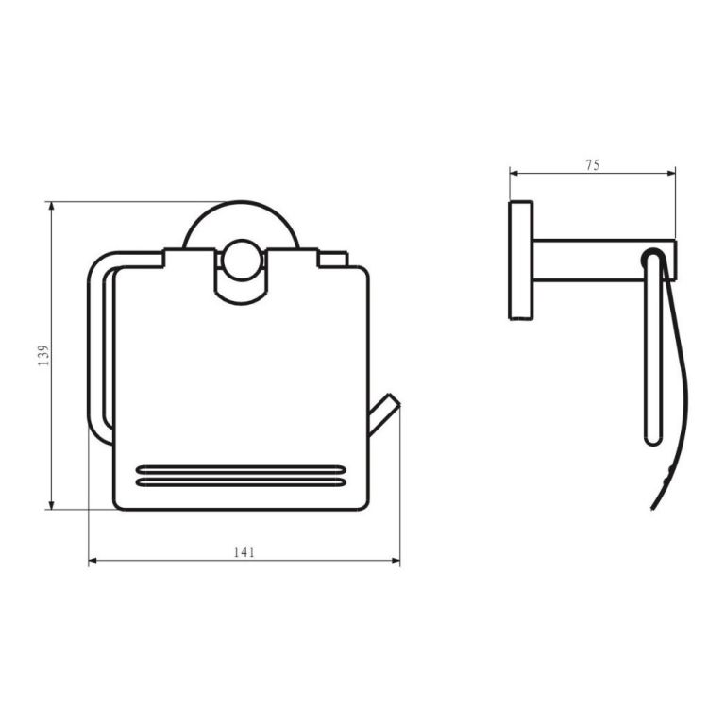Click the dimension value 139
(43, 356)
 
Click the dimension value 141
(244, 552)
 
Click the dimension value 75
(592, 164)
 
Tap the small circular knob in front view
(241, 260)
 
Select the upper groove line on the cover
(241, 470)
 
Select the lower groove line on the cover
(241, 482)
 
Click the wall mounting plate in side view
(521, 261)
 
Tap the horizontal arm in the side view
(604, 261)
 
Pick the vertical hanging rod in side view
(654, 347)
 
